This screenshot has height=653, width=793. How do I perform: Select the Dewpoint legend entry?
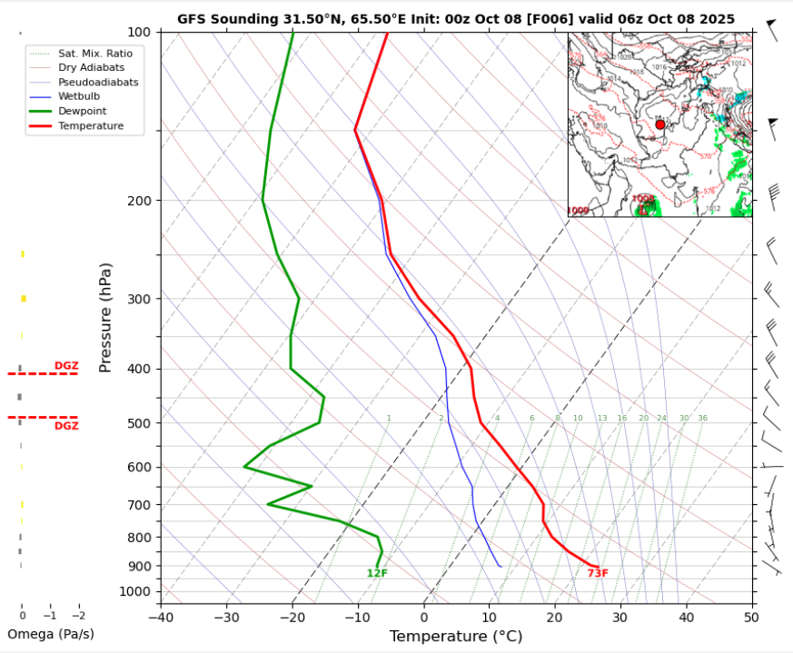point(77,110)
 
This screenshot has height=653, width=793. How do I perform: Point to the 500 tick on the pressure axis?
point(142,423)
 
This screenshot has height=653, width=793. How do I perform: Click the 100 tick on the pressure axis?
point(142,33)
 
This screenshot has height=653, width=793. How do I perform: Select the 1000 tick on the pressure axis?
point(138,592)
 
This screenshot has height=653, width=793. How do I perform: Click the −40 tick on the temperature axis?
point(161,617)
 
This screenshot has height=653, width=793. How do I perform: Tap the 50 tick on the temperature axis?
point(750,617)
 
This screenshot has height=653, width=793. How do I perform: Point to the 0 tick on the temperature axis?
point(424,617)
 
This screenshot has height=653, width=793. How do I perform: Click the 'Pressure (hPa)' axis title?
point(106,317)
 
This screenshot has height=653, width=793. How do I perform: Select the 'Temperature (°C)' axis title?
point(456,637)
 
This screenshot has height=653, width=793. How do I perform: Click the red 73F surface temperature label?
point(598,573)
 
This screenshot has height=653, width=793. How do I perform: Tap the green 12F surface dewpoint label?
point(377,573)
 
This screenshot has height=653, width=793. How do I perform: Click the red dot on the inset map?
point(660,124)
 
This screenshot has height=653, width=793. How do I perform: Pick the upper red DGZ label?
point(66,365)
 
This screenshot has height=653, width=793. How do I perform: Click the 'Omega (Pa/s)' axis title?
point(51,633)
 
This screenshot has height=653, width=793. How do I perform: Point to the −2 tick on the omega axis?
point(78,617)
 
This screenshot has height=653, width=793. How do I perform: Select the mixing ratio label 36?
point(702,418)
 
